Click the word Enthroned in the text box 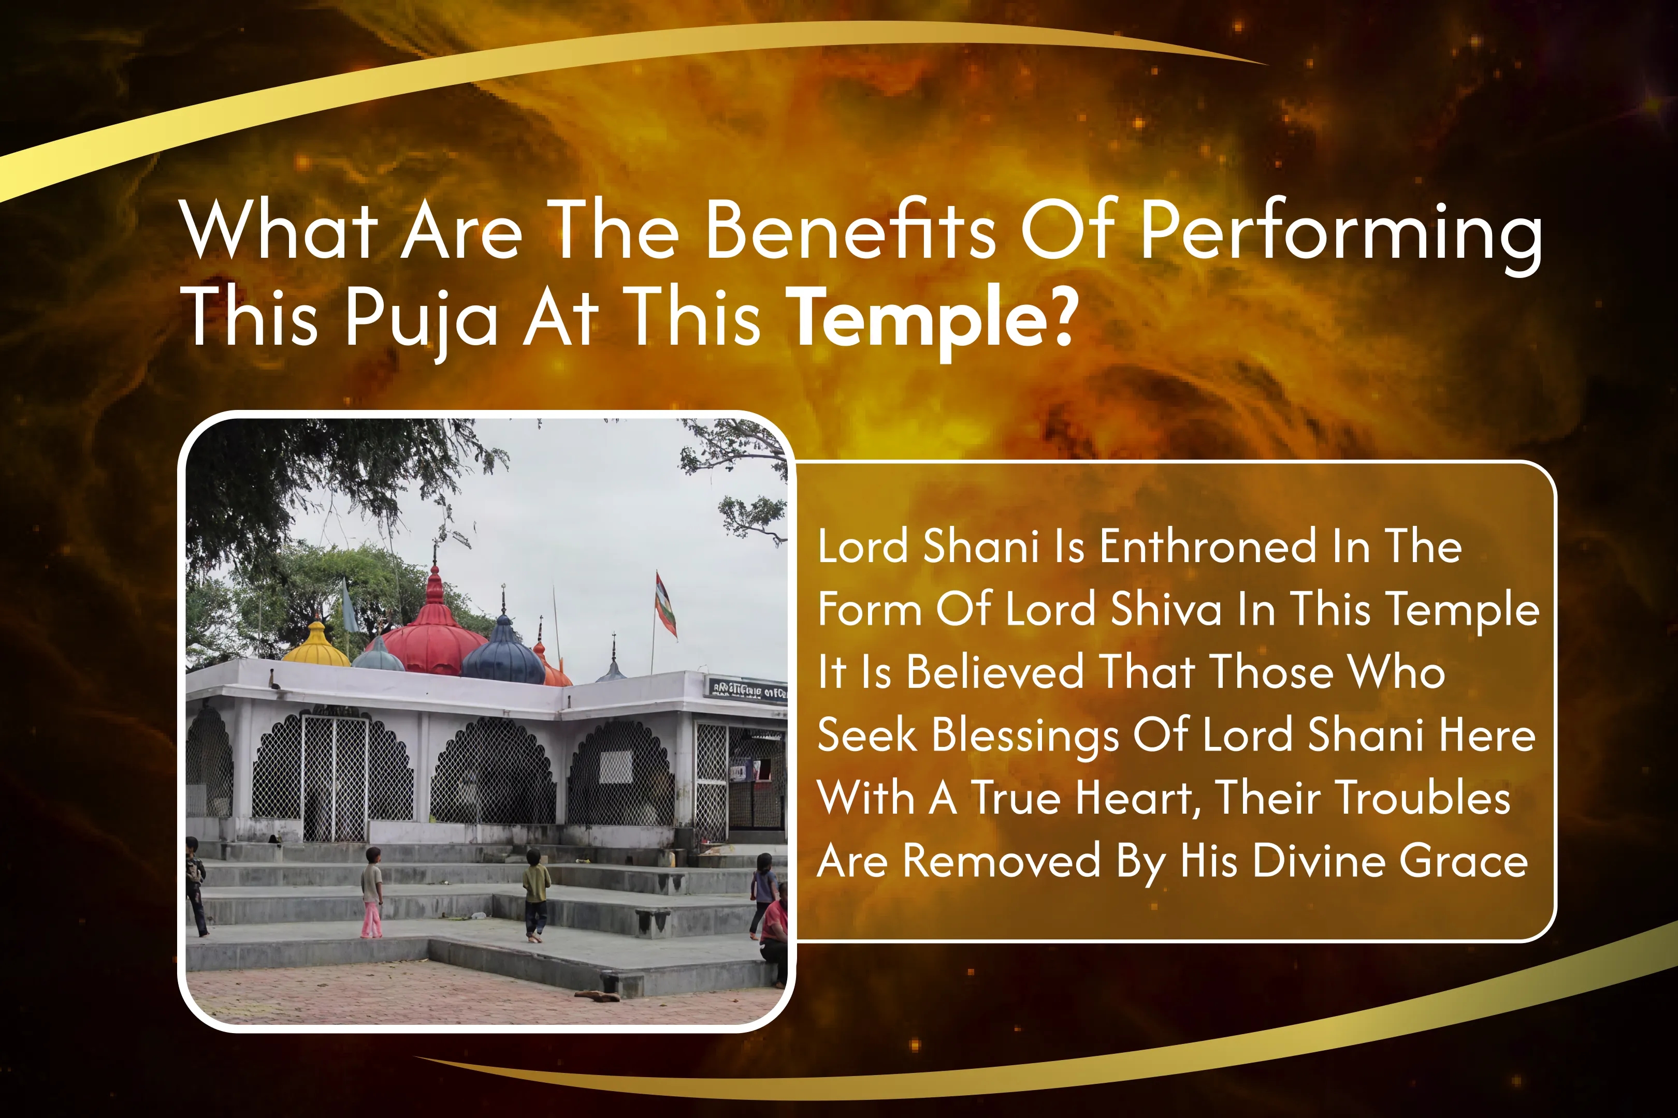click(1207, 547)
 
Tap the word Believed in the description click(994, 672)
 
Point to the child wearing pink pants click(372, 893)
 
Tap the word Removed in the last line click(1001, 861)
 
